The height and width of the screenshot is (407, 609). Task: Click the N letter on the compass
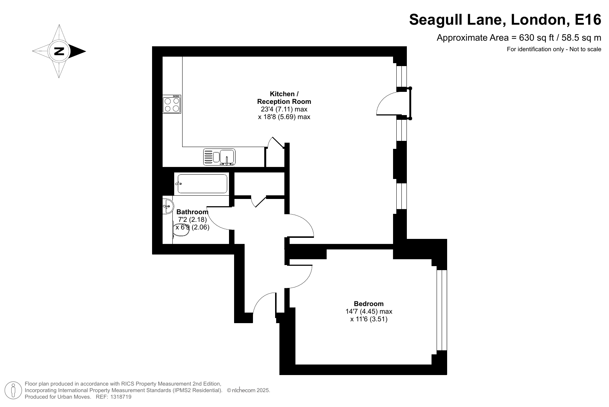tap(59, 51)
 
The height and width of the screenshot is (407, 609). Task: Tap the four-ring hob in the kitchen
tap(172, 104)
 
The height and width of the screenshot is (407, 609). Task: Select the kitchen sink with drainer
tap(219, 157)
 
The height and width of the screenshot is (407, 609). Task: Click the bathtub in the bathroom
tap(202, 184)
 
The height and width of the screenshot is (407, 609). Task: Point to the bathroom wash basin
tap(168, 206)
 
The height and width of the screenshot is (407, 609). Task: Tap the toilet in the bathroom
tap(180, 230)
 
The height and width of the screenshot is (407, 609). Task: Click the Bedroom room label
tap(368, 304)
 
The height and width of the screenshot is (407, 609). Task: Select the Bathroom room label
tap(192, 212)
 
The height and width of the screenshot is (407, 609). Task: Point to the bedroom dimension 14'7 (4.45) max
tap(369, 311)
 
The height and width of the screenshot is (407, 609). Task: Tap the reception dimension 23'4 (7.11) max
tap(284, 109)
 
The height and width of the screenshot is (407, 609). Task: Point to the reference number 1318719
tap(121, 397)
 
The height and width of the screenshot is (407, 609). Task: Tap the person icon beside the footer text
tap(13, 390)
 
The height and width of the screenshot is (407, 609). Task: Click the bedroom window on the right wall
tap(442, 310)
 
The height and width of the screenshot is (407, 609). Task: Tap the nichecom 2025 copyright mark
tap(249, 390)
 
